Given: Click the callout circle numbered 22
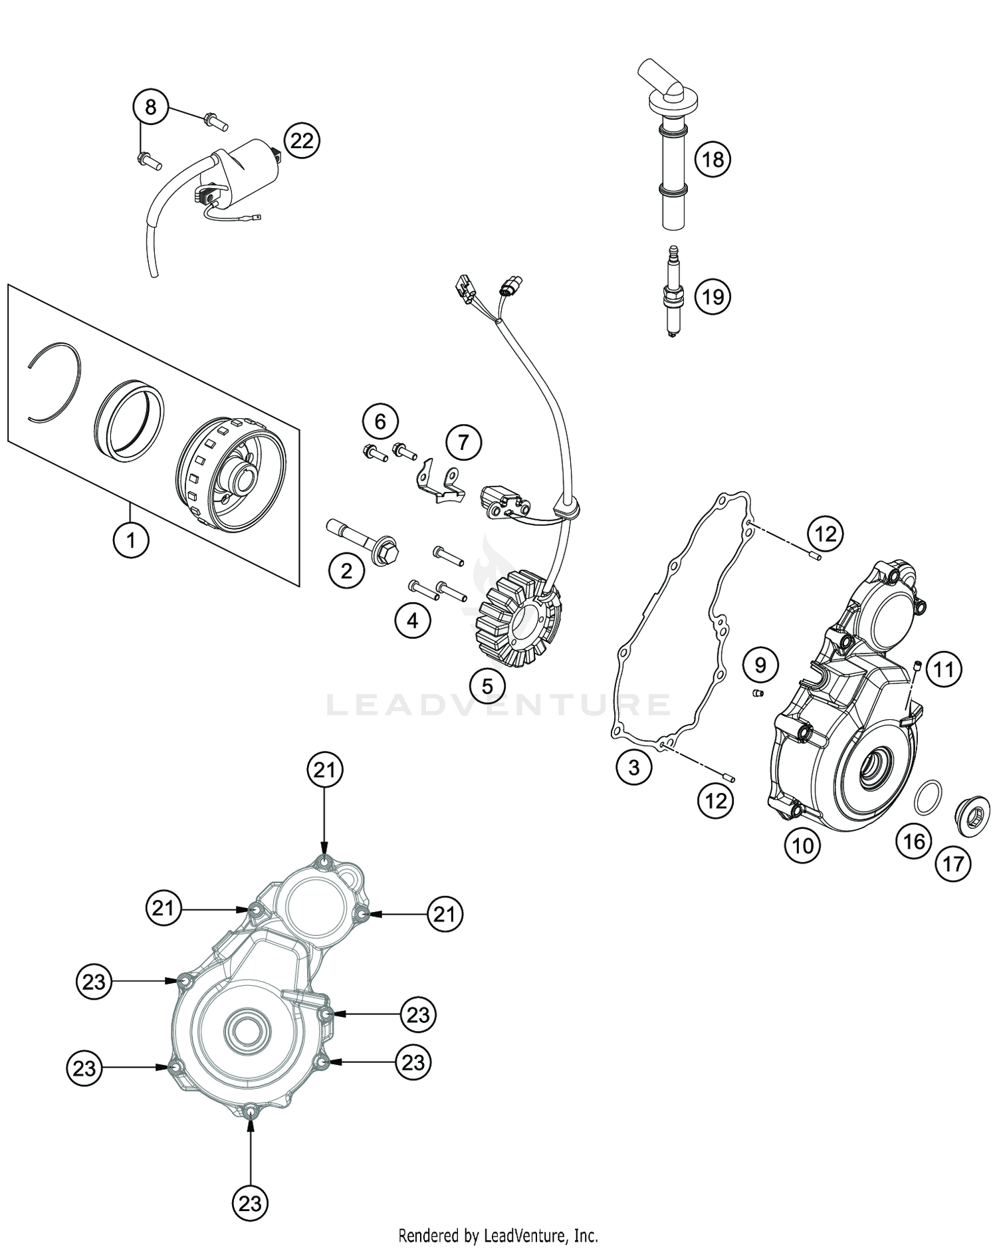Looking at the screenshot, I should pos(302,141).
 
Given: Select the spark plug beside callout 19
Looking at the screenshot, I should pos(673,293).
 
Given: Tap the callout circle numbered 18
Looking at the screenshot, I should pos(713,160).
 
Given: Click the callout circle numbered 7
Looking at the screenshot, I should pos(463,442).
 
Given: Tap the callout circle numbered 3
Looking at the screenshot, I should pos(633,767).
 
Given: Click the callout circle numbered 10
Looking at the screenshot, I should pos(803,846).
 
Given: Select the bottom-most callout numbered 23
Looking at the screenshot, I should pos(250,1204).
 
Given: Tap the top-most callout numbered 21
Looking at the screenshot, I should pos(324,770).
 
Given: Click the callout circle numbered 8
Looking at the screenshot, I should pos(151,106).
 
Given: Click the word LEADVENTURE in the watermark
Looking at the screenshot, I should pos(498,705).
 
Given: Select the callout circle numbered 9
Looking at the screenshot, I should pos(760,664).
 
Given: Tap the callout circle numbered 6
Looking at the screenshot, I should pos(380,421).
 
